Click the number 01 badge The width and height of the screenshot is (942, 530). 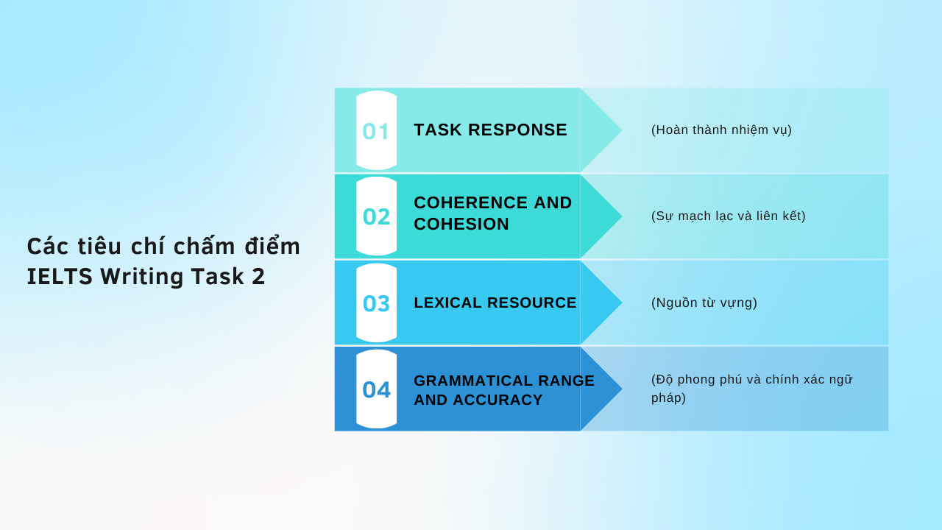coord(376,131)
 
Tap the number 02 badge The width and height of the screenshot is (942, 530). coord(376,216)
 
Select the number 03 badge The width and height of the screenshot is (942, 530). coord(376,303)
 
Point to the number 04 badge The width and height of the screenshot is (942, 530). coord(376,389)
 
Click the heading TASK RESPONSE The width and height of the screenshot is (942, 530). coord(490,130)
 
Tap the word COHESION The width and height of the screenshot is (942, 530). coord(461,225)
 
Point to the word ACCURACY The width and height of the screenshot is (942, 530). coord(497,400)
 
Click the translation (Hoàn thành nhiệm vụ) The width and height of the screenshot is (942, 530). coord(721,130)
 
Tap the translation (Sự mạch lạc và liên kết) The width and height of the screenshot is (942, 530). coord(729,216)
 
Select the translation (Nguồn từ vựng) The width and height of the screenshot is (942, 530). coord(704,303)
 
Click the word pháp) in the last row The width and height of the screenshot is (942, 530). coord(668,398)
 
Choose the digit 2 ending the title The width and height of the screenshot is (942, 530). coord(258,277)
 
